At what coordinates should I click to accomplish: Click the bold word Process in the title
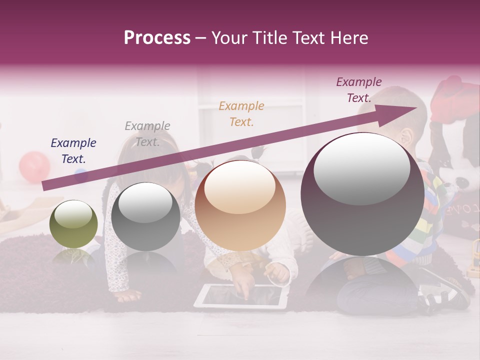pos(157,38)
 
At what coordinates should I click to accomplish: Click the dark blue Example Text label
pos(73,151)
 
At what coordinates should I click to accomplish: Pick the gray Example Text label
pos(147,134)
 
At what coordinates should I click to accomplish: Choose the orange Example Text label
pos(241,114)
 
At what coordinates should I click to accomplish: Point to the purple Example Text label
pos(359,90)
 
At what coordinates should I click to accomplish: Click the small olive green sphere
pos(73,224)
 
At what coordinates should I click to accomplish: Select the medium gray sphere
pos(145,216)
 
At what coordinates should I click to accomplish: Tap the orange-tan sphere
pos(240,205)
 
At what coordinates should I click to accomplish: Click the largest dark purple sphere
pos(362,194)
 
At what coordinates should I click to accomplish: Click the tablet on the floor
pos(240,296)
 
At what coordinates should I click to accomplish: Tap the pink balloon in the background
pos(34,167)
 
